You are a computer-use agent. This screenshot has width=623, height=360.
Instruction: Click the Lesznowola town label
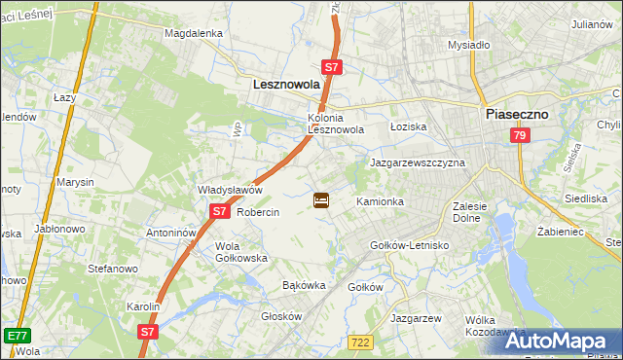[x=286, y=85]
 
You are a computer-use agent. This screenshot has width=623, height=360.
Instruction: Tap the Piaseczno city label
[x=516, y=114]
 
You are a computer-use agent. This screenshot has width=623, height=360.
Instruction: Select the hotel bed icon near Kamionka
[x=321, y=201]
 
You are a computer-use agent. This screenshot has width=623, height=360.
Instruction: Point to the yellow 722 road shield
[x=359, y=341]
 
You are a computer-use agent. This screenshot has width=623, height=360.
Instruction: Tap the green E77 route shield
[x=16, y=335]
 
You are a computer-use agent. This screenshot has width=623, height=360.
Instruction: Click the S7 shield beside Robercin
[x=220, y=211]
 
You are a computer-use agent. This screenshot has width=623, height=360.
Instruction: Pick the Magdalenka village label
[x=194, y=32]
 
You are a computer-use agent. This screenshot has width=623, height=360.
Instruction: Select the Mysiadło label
[x=468, y=45]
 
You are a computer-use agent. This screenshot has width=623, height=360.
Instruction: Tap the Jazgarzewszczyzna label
[x=418, y=163]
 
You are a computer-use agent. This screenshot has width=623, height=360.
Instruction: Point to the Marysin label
[x=75, y=183]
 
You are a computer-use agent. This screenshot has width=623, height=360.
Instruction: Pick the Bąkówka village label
[x=302, y=286]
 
